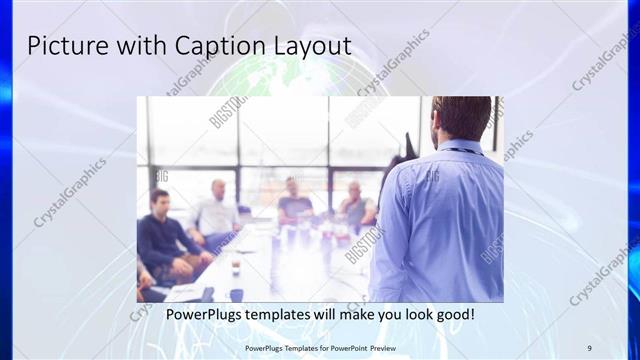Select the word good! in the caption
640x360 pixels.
452,314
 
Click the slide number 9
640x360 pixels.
589,347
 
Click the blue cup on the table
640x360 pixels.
236,295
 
